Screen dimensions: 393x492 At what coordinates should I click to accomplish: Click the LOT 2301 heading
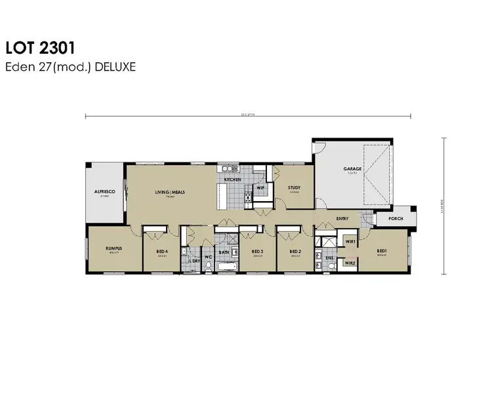click(x=40, y=48)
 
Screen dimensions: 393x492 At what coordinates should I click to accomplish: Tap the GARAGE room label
click(x=352, y=169)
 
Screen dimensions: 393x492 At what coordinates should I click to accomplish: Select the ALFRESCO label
click(x=104, y=192)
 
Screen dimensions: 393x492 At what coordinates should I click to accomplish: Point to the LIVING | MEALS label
click(x=169, y=192)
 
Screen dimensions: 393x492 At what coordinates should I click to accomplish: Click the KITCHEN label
click(x=232, y=179)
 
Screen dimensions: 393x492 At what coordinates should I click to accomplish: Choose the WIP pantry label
click(x=260, y=188)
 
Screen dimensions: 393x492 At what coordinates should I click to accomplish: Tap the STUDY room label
click(x=295, y=188)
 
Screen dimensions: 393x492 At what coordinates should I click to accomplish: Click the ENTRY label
click(x=342, y=219)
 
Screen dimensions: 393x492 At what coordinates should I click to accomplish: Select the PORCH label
click(x=396, y=219)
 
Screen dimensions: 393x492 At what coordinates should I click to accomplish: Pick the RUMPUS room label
click(x=114, y=249)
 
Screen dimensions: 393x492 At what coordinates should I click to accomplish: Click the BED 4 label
click(x=163, y=251)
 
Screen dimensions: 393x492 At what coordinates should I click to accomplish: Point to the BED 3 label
click(x=257, y=251)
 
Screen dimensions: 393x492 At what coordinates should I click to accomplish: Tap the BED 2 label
click(x=295, y=251)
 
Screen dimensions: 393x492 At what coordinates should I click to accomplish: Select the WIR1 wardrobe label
click(x=350, y=242)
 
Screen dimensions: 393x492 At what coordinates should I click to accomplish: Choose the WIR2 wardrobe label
click(x=350, y=263)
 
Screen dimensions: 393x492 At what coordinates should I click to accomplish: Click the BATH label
click(x=224, y=252)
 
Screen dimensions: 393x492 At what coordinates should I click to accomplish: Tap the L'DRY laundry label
click(x=194, y=261)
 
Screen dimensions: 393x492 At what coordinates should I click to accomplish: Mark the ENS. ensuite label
click(x=329, y=258)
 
